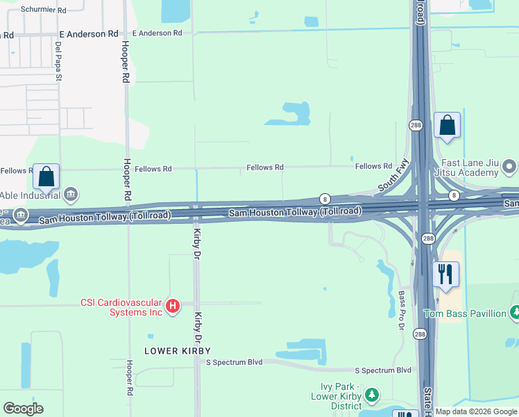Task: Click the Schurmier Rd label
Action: (43, 10)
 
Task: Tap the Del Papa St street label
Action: (59, 61)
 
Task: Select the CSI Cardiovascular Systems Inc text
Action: (121, 307)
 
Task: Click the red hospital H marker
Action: (173, 305)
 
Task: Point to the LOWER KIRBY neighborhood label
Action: (177, 351)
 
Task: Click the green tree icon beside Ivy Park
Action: (372, 395)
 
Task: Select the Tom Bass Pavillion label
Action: (464, 313)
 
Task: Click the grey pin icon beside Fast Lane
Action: (510, 167)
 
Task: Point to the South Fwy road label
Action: (392, 179)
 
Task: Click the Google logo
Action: (23, 409)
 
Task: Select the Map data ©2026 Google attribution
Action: (475, 411)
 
